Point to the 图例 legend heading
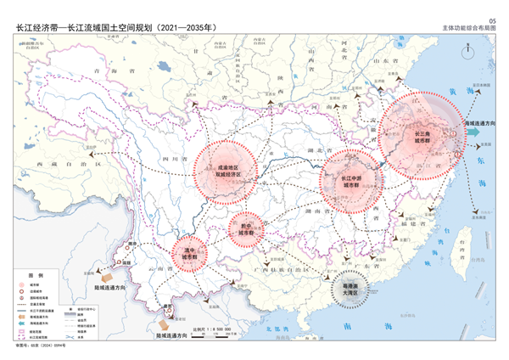click(35, 276)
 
